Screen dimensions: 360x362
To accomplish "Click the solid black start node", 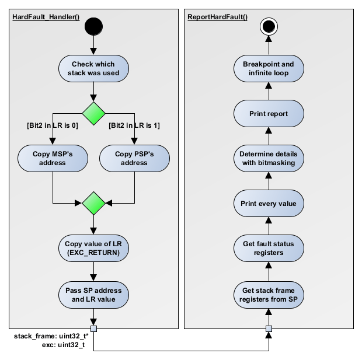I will click(93, 26).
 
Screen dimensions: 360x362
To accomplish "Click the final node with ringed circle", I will click(269, 26).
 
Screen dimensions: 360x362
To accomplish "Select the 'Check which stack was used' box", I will click(93, 68).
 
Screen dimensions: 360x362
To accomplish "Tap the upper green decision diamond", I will click(93, 112).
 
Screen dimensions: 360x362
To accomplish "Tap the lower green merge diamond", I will click(93, 203).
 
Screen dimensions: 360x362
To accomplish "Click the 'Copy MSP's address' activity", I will click(53, 158).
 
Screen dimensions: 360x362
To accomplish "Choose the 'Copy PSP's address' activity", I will click(135, 158).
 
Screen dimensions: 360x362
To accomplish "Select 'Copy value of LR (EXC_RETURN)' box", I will click(93, 249).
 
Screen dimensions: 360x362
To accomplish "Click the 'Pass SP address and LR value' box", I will click(93, 295).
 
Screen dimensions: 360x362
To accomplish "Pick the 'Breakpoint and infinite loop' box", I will click(269, 68).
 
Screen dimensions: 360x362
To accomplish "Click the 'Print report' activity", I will click(269, 113).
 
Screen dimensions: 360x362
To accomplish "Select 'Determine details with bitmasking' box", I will click(269, 158).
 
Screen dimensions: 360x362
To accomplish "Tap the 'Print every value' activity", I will click(269, 204).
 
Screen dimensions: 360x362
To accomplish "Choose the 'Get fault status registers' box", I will click(269, 249).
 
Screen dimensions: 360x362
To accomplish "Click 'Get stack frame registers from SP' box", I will click(269, 295).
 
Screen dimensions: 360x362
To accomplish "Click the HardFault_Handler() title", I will click(46, 16).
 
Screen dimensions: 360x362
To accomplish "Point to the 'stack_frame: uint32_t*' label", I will click(50, 337).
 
